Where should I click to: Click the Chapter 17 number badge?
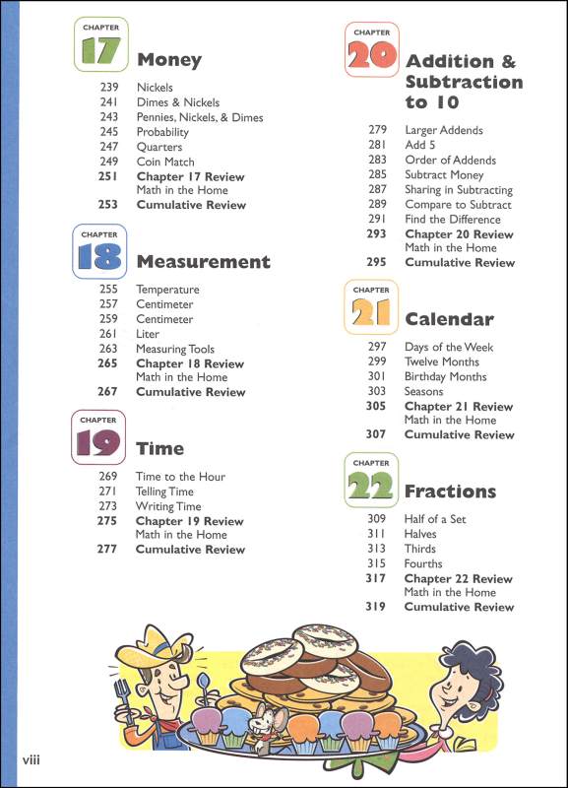[101, 46]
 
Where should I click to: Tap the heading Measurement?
[203, 262]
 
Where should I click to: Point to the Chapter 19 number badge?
[101, 438]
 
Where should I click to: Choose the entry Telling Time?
[164, 492]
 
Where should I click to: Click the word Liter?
[148, 334]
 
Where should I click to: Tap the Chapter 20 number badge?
[371, 50]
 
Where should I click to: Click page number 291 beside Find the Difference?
[377, 219]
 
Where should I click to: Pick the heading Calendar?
[449, 319]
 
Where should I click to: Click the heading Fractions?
[450, 491]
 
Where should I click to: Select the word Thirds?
[420, 549]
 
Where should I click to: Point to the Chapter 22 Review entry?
[458, 578]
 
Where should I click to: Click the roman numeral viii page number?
[33, 762]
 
